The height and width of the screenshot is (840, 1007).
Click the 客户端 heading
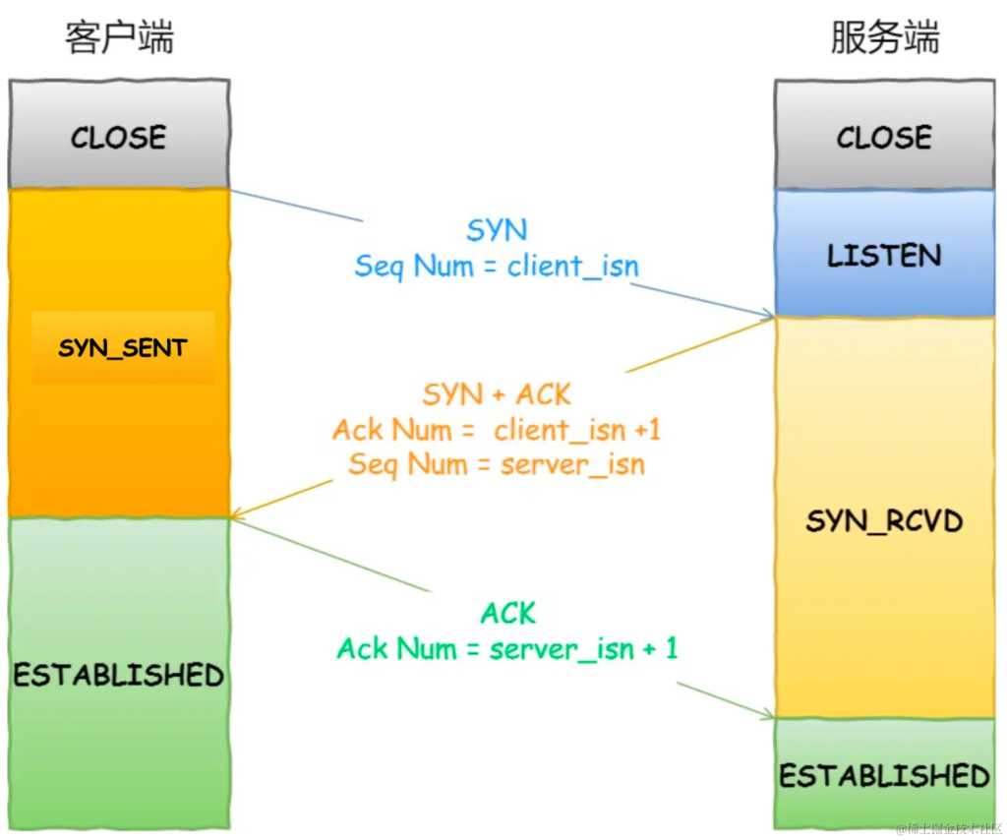coord(119,37)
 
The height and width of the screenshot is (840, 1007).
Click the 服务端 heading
coord(885,37)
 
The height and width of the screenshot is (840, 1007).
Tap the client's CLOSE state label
coord(119,138)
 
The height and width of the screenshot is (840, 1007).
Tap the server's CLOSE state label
coord(884,138)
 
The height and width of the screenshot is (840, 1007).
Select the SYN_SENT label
coord(123,348)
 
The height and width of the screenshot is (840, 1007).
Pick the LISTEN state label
coord(884,256)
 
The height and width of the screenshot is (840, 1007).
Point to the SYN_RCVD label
coord(884,521)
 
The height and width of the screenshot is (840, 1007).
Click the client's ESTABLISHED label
coord(119,675)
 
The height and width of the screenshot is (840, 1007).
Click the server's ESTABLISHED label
coord(884,776)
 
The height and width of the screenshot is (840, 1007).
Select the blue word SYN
coord(497,230)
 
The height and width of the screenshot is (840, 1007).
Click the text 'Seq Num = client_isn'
coord(497,266)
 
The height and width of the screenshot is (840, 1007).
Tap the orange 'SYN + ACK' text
coord(497,394)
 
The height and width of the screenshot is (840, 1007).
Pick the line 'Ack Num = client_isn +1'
coord(497,430)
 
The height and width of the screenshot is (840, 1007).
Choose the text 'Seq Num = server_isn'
coord(497,464)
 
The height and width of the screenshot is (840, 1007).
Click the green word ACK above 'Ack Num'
coord(508,614)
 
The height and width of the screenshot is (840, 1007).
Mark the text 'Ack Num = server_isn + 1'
coord(507,648)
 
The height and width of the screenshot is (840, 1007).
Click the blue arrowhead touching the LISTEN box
coord(768,314)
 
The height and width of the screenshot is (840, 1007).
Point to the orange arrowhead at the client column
coord(236,513)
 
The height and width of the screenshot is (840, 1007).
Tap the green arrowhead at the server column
coord(768,714)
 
